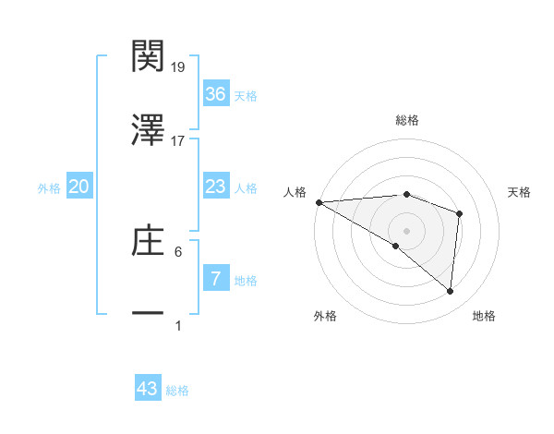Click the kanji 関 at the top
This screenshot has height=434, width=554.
click(148, 56)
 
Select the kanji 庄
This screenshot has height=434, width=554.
click(148, 242)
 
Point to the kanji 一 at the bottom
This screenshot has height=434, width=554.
click(148, 314)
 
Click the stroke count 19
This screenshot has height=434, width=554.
click(178, 67)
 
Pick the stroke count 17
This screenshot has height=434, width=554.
click(178, 141)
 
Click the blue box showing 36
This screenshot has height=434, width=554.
click(215, 94)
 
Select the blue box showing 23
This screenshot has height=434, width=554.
click(215, 187)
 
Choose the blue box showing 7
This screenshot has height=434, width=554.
click(215, 278)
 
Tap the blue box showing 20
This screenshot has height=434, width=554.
click(78, 187)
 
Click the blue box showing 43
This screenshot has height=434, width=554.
click(148, 389)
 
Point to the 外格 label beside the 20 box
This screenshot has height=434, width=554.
click(49, 188)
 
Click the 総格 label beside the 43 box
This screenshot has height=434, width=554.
click(177, 391)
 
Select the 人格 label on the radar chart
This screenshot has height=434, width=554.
click(294, 192)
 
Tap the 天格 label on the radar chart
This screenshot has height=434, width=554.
click(520, 192)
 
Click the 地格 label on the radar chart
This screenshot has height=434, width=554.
click(484, 316)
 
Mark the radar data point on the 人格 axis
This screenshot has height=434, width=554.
click(319, 202)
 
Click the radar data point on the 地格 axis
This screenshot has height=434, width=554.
click(450, 291)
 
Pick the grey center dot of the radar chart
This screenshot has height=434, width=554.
click(406, 230)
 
